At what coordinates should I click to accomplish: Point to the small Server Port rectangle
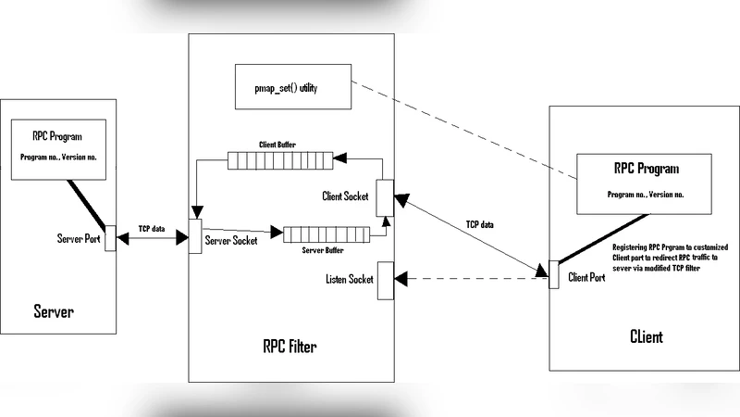coord(110,237)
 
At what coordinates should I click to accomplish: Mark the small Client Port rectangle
coord(553,274)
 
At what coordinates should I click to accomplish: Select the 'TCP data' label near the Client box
coord(479,224)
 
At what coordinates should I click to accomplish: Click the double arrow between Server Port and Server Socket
coord(152,239)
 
